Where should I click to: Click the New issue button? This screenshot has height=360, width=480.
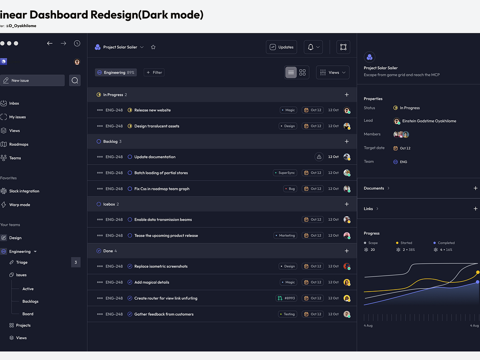32,80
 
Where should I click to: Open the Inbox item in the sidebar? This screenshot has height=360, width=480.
14,103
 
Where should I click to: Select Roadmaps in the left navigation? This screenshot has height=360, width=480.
18,144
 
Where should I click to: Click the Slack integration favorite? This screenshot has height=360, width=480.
24,191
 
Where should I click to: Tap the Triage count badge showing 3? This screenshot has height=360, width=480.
76,262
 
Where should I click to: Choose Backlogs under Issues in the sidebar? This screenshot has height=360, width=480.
30,302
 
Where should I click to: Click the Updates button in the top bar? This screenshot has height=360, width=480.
282,47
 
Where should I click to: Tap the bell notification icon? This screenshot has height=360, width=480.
311,47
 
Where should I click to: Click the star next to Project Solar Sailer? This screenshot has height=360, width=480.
153,47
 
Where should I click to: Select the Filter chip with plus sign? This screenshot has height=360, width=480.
154,72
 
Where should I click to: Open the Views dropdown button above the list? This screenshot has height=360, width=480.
333,72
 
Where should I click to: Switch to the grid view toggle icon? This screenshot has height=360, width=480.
302,72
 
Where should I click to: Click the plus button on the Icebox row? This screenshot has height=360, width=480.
347,204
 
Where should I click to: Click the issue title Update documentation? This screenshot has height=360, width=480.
155,157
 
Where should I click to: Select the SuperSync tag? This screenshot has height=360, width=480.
285,173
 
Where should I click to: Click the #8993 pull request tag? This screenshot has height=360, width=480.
286,298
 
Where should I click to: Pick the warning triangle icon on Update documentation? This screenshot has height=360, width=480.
319,157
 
